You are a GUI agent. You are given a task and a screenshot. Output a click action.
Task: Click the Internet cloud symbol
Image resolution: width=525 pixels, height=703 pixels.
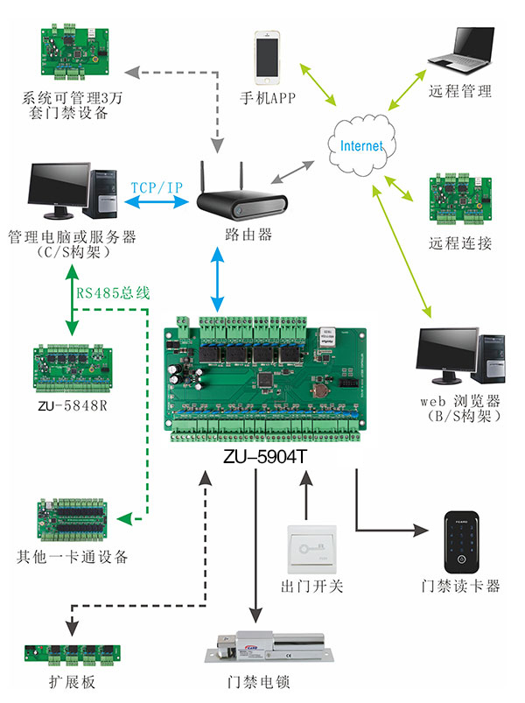pos(360,144)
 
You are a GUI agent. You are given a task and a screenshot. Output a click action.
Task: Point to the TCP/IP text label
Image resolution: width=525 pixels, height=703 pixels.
pos(157,187)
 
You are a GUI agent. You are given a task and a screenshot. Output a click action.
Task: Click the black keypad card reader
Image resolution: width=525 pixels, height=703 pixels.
pos(460,539)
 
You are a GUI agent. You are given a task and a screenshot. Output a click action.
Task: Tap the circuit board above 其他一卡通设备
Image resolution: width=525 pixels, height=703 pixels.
pos(72,522)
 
